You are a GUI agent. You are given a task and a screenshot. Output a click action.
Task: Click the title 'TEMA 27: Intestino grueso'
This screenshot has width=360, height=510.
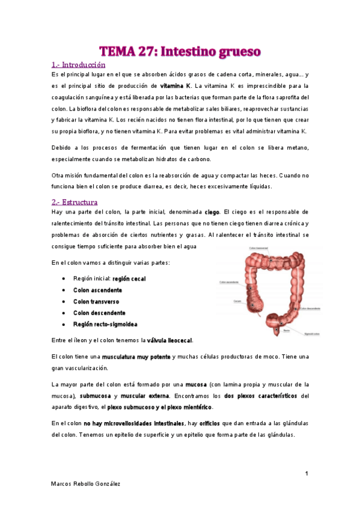point(180,51)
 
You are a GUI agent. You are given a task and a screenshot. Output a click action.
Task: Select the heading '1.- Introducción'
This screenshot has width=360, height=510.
point(78,65)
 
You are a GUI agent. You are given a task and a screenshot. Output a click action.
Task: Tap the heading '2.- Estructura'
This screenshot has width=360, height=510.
point(75,202)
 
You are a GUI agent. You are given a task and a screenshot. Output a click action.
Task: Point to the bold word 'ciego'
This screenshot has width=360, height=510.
point(212,212)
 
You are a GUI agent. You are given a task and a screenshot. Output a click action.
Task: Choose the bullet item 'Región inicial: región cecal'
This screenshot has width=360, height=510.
point(109,279)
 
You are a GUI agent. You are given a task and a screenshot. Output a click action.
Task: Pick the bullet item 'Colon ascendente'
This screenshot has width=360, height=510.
point(97,290)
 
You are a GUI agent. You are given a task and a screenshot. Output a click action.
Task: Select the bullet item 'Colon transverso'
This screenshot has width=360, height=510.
point(96,302)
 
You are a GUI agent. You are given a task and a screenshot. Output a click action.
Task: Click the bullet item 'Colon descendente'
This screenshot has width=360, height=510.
point(99,313)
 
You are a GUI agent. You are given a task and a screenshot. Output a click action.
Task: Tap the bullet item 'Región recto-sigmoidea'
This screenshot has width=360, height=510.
point(105,325)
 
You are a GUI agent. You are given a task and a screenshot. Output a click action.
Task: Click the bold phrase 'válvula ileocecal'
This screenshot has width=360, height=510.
point(169,340)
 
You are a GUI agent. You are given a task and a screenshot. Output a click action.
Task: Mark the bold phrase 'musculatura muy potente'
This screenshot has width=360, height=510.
point(136,357)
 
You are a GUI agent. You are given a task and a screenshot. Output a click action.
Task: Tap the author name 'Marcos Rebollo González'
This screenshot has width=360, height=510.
point(86,484)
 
